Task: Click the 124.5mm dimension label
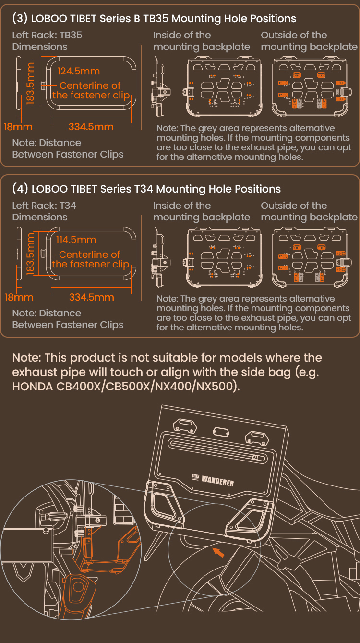[x=79, y=71]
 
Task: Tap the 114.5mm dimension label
[x=76, y=240]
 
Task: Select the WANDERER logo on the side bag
[x=213, y=480]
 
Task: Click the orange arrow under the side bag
[x=218, y=552]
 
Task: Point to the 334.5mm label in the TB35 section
[x=91, y=127]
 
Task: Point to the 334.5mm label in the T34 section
[x=92, y=297]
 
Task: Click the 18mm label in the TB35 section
[x=18, y=127]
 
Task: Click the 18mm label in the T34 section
[x=19, y=297]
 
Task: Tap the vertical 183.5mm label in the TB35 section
[x=30, y=84]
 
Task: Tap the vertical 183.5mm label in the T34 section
[x=30, y=254]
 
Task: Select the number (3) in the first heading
[x=20, y=18]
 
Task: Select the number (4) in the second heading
[x=20, y=189]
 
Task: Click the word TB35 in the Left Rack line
[x=71, y=36]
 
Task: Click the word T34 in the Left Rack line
[x=68, y=206]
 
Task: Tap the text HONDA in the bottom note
[x=33, y=387]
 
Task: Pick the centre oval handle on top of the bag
[x=221, y=431]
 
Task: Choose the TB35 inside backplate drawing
[x=222, y=86]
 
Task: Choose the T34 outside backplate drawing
[x=312, y=257]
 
